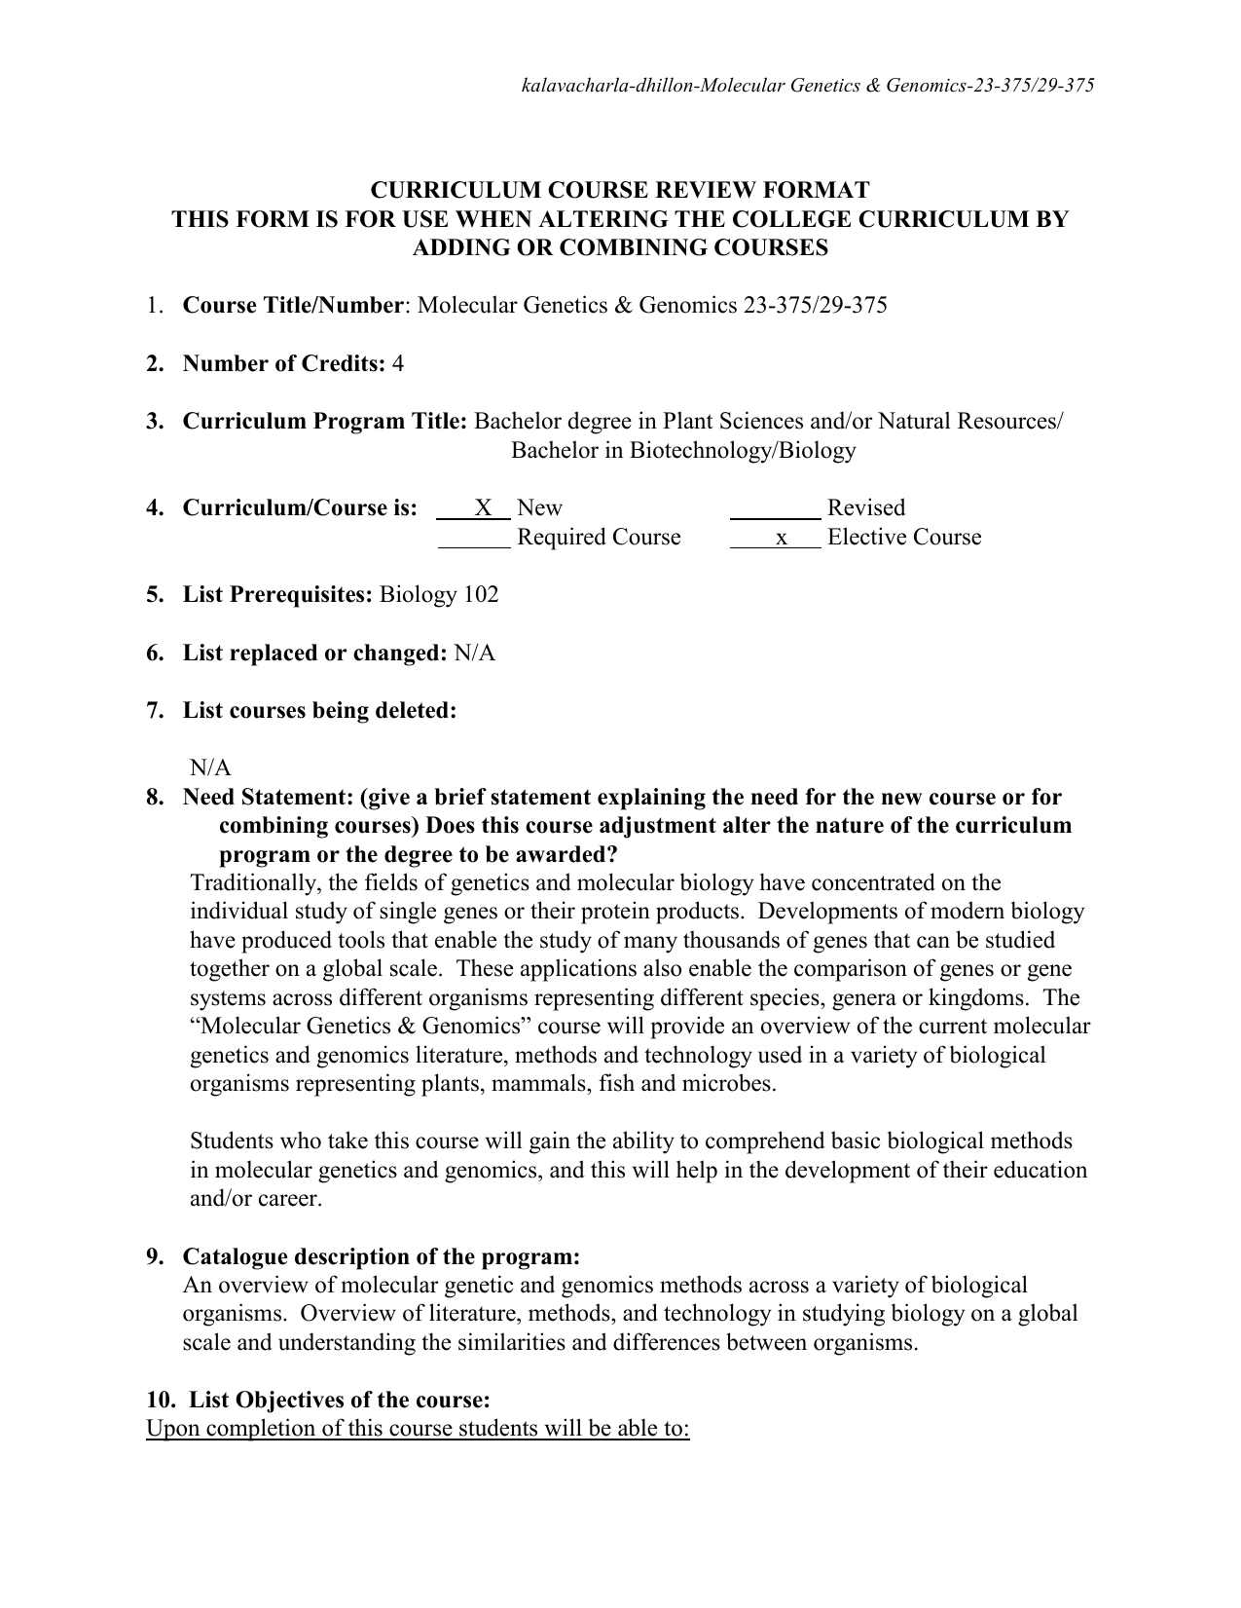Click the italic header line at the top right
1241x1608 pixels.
pyautogui.click(x=808, y=86)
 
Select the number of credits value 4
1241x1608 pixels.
pyautogui.click(x=397, y=364)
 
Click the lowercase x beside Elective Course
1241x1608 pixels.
pyautogui.click(x=781, y=538)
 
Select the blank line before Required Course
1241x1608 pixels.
pyautogui.click(x=474, y=539)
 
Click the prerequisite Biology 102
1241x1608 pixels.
pyautogui.click(x=439, y=595)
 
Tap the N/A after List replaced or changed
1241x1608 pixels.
pyautogui.click(x=475, y=654)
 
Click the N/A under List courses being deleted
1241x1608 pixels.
pyautogui.click(x=210, y=768)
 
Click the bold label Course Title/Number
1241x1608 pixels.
pyautogui.click(x=292, y=306)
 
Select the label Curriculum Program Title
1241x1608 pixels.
pyautogui.click(x=325, y=422)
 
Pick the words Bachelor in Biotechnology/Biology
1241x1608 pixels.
pyautogui.click(x=683, y=451)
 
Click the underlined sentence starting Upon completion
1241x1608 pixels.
pyautogui.click(x=418, y=1429)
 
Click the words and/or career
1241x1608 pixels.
pyautogui.click(x=255, y=1199)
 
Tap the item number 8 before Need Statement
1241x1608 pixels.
pyautogui.click(x=154, y=798)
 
